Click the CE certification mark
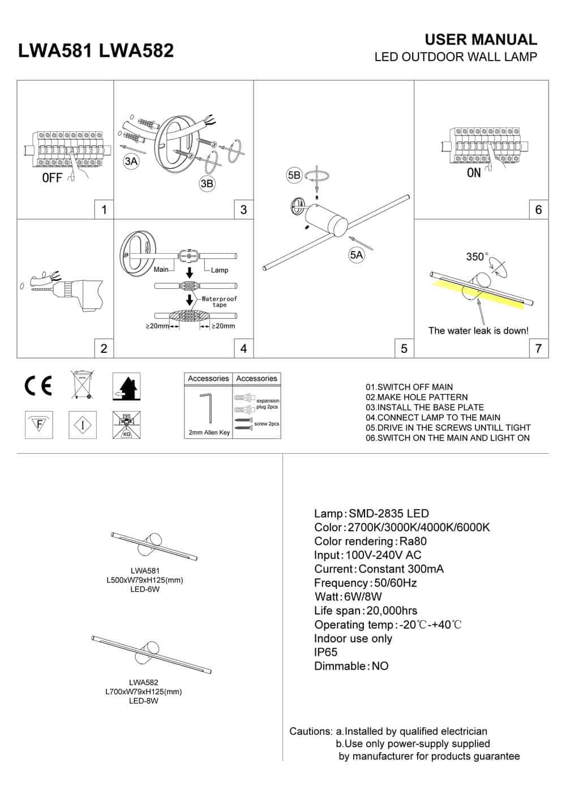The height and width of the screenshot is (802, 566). pyautogui.click(x=38, y=385)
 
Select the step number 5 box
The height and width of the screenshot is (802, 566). pyautogui.click(x=404, y=348)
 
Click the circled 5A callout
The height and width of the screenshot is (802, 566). pyautogui.click(x=356, y=255)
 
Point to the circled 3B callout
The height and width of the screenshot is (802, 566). pyautogui.click(x=207, y=184)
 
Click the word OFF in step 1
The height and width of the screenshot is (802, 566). pyautogui.click(x=52, y=178)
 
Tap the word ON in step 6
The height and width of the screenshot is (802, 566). pyautogui.click(x=474, y=173)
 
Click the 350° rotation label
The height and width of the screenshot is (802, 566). pyautogui.click(x=477, y=257)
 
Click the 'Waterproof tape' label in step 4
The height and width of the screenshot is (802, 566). pyautogui.click(x=220, y=301)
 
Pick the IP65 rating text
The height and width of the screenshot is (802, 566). pyautogui.click(x=326, y=652)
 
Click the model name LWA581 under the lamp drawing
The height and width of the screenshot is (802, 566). pyautogui.click(x=144, y=571)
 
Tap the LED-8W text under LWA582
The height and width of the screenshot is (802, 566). pyautogui.click(x=144, y=701)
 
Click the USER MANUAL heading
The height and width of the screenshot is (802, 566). pyautogui.click(x=481, y=40)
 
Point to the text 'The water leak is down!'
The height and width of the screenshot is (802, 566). pyautogui.click(x=478, y=331)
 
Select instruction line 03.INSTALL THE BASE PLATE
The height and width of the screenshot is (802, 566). pyautogui.click(x=424, y=407)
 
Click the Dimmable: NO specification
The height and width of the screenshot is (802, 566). pyautogui.click(x=351, y=666)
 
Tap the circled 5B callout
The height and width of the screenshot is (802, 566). pyautogui.click(x=294, y=176)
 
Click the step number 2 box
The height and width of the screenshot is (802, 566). pyautogui.click(x=104, y=348)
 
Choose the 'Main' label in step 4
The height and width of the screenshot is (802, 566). pyautogui.click(x=161, y=270)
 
